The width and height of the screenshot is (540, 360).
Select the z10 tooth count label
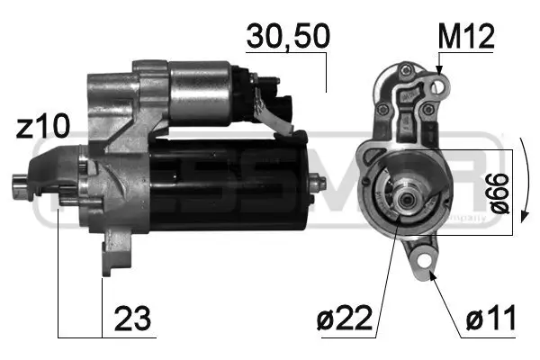37,125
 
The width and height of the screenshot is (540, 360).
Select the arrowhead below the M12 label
439,69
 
